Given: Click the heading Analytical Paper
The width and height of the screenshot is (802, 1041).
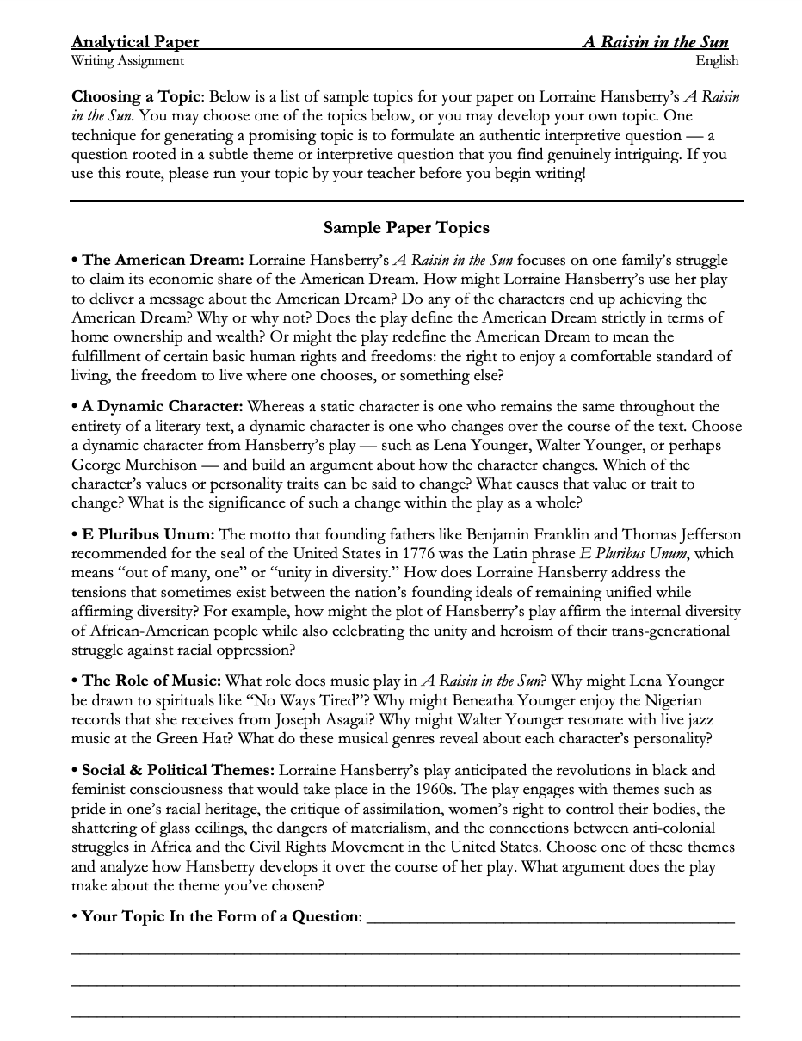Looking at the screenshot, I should (x=135, y=42).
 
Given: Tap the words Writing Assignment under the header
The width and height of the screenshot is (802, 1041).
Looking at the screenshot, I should (x=127, y=60).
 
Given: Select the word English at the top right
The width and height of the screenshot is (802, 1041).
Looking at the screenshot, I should (x=717, y=60).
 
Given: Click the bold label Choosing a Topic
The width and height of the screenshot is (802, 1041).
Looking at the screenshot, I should (x=137, y=96).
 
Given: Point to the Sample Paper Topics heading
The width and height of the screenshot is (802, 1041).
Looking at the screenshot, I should (x=406, y=228).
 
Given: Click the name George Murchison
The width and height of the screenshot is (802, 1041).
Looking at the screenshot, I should (x=134, y=465).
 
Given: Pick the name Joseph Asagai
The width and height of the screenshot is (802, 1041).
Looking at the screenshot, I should (x=326, y=719).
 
